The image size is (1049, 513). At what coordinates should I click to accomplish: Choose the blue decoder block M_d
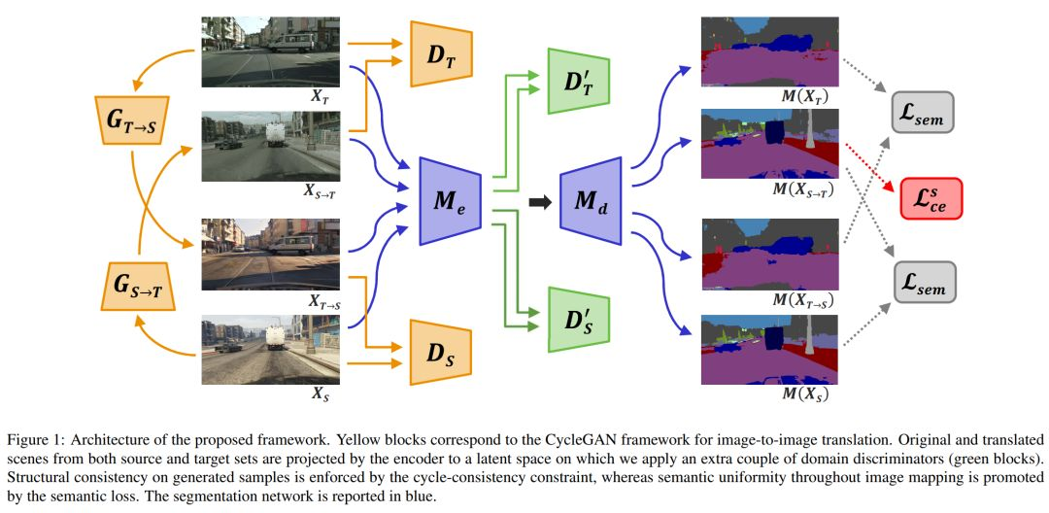590,202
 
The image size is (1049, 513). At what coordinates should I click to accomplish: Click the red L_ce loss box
931,198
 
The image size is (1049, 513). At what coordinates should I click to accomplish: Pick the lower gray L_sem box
923,282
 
